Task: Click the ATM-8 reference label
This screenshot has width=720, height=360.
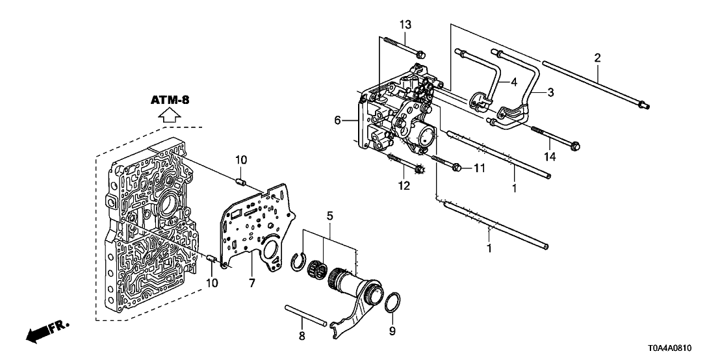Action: coord(170,100)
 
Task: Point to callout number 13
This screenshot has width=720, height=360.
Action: coord(405,25)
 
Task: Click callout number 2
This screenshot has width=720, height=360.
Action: coord(597,58)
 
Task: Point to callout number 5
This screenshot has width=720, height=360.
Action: coord(329,214)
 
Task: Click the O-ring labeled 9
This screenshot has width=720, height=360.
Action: coord(392,302)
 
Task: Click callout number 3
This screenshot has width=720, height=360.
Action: coord(550,93)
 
